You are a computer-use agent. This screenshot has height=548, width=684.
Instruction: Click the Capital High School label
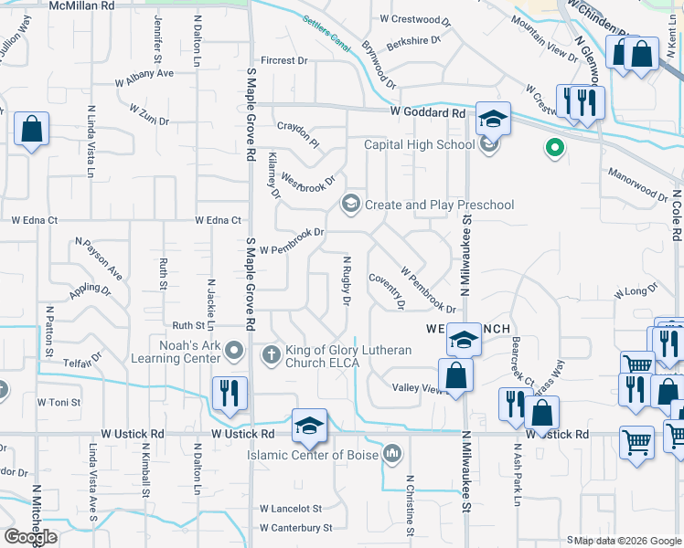pyautogui.click(x=420, y=144)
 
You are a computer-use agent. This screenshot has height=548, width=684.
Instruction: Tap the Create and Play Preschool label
pyautogui.click(x=439, y=205)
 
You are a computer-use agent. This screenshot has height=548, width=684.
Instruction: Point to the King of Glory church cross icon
pyautogui.click(x=270, y=353)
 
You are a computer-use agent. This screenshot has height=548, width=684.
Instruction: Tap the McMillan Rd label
pyautogui.click(x=81, y=5)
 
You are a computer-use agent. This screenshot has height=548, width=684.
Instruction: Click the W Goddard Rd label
pyautogui.click(x=427, y=113)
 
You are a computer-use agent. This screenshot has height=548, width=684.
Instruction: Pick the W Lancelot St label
pyautogui.click(x=291, y=509)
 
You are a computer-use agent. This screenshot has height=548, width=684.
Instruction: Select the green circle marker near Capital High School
pyautogui.click(x=552, y=147)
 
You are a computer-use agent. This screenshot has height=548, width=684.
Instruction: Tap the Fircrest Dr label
pyautogui.click(x=284, y=60)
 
